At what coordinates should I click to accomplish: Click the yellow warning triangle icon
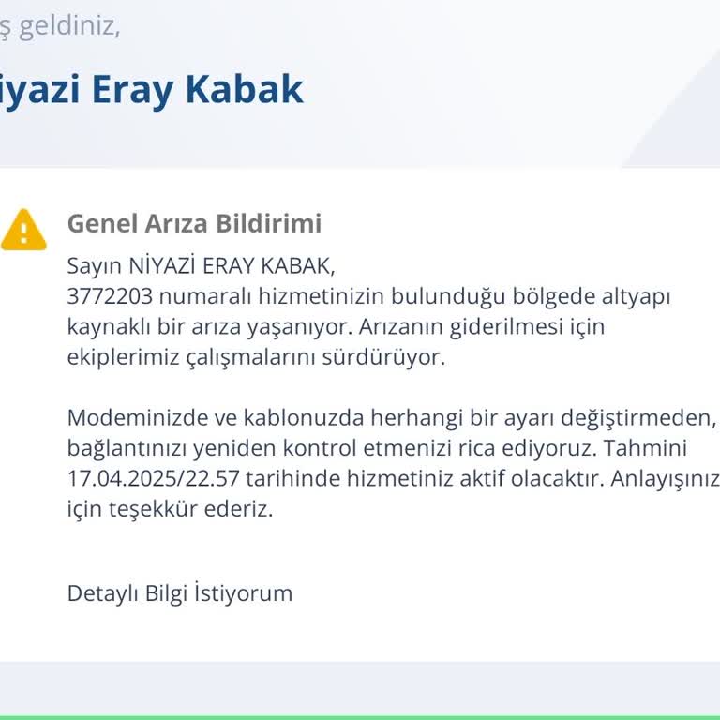pyautogui.click(x=23, y=230)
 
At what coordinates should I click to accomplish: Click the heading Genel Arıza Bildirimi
pyautogui.click(x=194, y=224)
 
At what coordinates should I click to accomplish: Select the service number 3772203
pyautogui.click(x=109, y=296)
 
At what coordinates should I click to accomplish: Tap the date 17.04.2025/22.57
pyautogui.click(x=154, y=478)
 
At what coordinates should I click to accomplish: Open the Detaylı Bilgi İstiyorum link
pyautogui.click(x=180, y=593)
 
